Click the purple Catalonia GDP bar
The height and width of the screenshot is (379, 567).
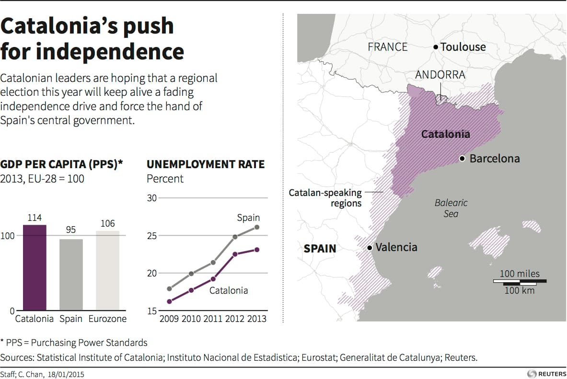pos(35,267)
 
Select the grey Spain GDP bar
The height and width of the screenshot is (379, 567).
pos(71,275)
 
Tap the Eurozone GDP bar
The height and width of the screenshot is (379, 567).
pos(108,271)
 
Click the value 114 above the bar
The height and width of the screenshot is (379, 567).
pos(35,218)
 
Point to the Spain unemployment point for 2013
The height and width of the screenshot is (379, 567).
pos(257,227)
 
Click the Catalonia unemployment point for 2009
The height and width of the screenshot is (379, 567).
pos(169,301)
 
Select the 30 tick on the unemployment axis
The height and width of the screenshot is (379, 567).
pos(151,198)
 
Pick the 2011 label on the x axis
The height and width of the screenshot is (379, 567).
pos(213,319)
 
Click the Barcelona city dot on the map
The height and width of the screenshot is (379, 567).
pos(462,159)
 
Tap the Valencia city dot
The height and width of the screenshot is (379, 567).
pos(370,248)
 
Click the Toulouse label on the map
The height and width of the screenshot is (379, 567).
pos(463,47)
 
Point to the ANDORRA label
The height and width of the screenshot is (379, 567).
pos(440,75)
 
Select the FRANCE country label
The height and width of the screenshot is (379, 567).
pos(388,47)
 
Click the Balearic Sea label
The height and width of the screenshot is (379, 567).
pos(451,208)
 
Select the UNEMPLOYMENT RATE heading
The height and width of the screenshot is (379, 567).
pos(206,165)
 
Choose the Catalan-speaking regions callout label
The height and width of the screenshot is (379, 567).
pos(325,198)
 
